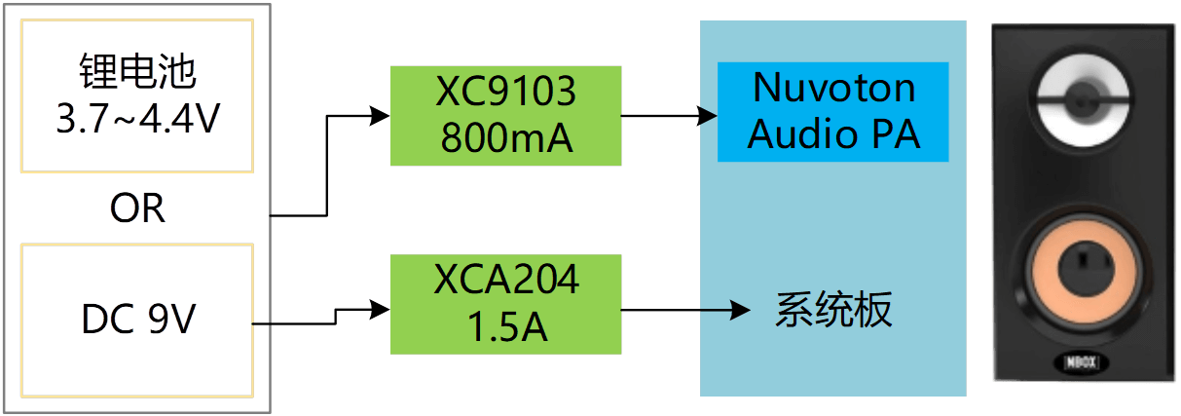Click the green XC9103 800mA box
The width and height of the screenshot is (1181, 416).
coord(506,115)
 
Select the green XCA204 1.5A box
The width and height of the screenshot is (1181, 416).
coord(506,304)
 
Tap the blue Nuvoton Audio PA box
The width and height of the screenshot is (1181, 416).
coord(832,111)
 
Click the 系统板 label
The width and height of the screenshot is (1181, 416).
coord(833,312)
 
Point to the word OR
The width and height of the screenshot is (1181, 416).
coord(137,208)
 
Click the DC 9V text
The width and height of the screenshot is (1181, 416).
coord(137,320)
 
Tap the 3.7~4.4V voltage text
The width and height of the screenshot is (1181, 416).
coord(137,122)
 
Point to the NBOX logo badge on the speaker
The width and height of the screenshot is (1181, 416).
coord(1080,363)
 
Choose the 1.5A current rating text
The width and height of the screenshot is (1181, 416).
coord(506,328)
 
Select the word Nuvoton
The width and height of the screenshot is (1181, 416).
coord(833,88)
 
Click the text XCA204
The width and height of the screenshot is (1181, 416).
coord(506,281)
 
